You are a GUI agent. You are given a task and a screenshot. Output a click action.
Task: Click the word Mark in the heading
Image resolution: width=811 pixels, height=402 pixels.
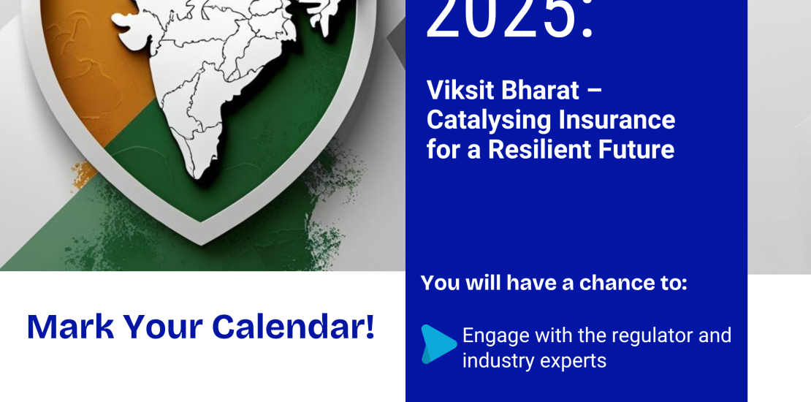(70, 327)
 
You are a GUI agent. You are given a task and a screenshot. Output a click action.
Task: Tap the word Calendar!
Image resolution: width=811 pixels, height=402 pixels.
(293, 327)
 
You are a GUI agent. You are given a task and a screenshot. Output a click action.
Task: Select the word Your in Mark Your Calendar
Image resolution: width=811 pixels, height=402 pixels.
(163, 327)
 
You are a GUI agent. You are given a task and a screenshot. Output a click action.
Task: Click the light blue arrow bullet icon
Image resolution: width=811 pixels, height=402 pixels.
(438, 344)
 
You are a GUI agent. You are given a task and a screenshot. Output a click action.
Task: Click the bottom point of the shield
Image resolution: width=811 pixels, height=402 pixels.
(200, 243)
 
